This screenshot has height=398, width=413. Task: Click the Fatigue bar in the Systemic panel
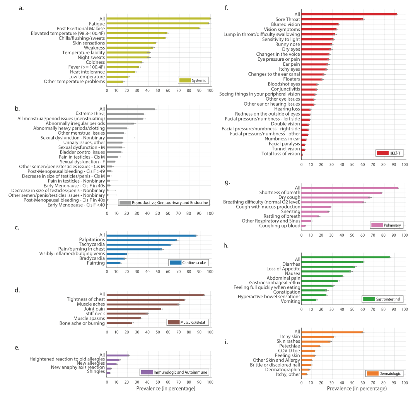pyautogui.click(x=158, y=24)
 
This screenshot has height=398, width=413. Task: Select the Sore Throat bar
pyautogui.click(x=332, y=19)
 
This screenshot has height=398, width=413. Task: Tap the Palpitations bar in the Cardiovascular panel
pyautogui.click(x=142, y=240)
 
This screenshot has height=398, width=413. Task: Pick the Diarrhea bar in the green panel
pyautogui.click(x=332, y=262)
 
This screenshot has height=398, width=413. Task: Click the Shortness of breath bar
pyautogui.click(x=341, y=193)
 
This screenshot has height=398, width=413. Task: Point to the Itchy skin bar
pyautogui.click(x=317, y=337)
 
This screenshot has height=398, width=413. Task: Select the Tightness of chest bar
pyautogui.click(x=146, y=299)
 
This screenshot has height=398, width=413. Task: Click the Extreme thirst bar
pyautogui.click(x=126, y=114)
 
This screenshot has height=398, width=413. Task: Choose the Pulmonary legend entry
pyautogui.click(x=387, y=225)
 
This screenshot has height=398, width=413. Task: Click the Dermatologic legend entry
pyautogui.click(x=384, y=373)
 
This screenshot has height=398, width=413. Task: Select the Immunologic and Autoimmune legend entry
pyautogui.click(x=175, y=372)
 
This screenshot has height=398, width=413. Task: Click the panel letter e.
pyautogui.click(x=17, y=347)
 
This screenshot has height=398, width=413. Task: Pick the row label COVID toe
pyautogui.click(x=289, y=351)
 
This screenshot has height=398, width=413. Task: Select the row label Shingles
pyautogui.click(x=96, y=372)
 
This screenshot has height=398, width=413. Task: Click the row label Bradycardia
pyautogui.click(x=92, y=258)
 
